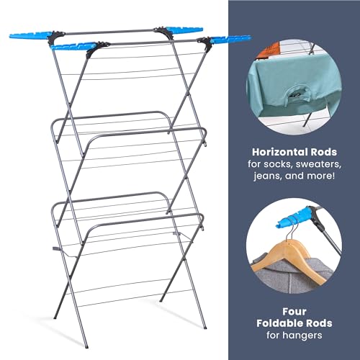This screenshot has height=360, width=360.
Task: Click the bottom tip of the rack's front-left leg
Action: [x=55, y=318]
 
